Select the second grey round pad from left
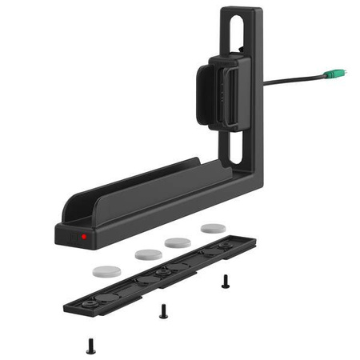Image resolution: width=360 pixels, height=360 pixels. pos(149,254)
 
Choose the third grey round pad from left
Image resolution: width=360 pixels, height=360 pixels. pos(178,241)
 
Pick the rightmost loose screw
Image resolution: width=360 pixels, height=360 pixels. pos(226,281)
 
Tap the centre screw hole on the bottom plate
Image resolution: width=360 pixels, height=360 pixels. pos(165,272)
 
